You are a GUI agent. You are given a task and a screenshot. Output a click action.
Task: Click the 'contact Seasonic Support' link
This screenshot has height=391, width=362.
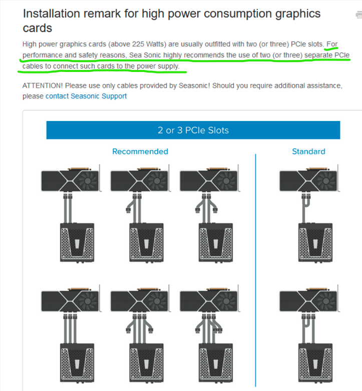pyautogui.click(x=86, y=96)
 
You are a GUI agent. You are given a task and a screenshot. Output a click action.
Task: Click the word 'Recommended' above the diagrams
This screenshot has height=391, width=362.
pyautogui.click(x=140, y=151)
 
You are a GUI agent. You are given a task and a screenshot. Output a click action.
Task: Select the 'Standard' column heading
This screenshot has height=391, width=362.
pyautogui.click(x=308, y=151)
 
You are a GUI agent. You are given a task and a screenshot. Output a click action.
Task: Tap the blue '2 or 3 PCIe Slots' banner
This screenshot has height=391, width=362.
pyautogui.click(x=193, y=130)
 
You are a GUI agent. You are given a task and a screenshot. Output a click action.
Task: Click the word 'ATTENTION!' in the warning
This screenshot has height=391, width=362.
pyautogui.click(x=43, y=86)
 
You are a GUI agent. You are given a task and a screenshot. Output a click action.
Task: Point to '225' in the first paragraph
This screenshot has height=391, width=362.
pyautogui.click(x=138, y=44)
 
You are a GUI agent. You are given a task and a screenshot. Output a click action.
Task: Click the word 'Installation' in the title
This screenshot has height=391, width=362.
pyautogui.click(x=51, y=13)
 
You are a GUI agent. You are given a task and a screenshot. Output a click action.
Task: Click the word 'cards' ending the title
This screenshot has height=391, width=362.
pyautogui.click(x=38, y=28)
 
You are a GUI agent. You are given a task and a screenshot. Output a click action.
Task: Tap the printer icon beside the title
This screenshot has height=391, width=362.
pyautogui.click(x=359, y=15)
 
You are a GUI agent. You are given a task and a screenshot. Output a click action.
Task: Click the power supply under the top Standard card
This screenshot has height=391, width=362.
pyautogui.click(x=315, y=242)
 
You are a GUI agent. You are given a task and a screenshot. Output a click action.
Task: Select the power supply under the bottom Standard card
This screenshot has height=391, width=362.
pyautogui.click(x=315, y=363)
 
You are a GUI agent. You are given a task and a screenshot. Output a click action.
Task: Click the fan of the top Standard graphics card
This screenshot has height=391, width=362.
pyautogui.click(x=326, y=180)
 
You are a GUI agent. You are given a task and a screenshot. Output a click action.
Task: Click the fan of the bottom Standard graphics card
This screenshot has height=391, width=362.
pyautogui.click(x=326, y=301)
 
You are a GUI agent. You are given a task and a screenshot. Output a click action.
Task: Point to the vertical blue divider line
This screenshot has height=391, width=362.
pyautogui.click(x=255, y=270)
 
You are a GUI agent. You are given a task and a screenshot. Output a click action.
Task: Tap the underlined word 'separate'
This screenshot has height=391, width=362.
pyautogui.click(x=318, y=55)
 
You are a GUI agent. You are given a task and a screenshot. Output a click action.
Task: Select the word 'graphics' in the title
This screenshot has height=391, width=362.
pyautogui.click(x=298, y=14)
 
